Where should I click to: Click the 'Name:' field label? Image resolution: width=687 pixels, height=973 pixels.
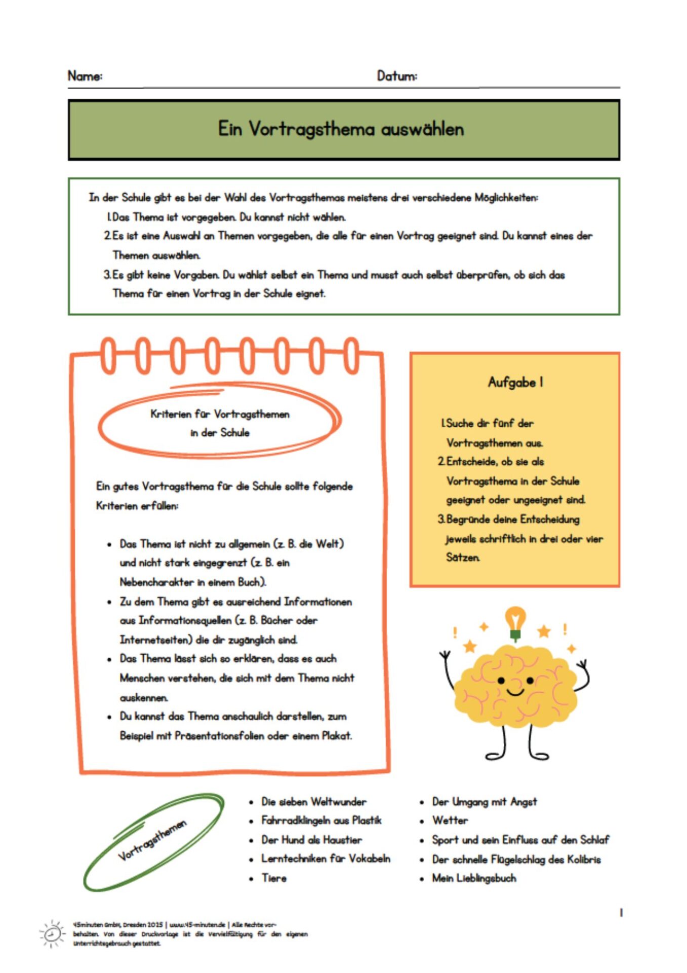click(85, 76)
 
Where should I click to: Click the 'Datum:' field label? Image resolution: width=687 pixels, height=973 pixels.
click(396, 76)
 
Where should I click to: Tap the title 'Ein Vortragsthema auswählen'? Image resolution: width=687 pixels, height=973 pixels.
click(341, 129)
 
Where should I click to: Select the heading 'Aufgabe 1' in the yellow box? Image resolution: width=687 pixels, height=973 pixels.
click(515, 382)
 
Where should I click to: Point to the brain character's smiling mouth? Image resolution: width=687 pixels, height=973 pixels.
click(515, 692)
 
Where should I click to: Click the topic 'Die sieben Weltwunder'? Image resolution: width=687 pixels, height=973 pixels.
click(313, 802)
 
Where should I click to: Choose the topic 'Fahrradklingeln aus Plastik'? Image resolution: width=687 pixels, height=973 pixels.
click(321, 820)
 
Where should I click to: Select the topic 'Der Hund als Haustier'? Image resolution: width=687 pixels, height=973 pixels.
click(311, 840)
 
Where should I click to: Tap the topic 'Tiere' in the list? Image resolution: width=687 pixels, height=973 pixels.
click(274, 878)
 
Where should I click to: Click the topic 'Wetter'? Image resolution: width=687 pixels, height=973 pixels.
click(450, 820)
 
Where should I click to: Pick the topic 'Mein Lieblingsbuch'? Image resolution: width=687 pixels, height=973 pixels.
click(474, 878)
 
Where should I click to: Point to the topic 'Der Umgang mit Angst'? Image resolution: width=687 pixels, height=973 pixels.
click(484, 802)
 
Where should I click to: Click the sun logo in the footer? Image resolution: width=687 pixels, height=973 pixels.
click(52, 933)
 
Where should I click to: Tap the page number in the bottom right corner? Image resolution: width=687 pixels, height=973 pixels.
click(621, 913)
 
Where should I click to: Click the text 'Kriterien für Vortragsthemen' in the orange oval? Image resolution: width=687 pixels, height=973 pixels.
click(220, 415)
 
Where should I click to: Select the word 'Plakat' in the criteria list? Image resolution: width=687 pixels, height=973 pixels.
click(336, 736)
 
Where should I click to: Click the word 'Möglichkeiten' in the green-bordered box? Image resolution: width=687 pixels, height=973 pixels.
click(506, 198)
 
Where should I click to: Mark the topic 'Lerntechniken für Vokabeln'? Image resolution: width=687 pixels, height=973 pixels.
click(326, 859)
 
